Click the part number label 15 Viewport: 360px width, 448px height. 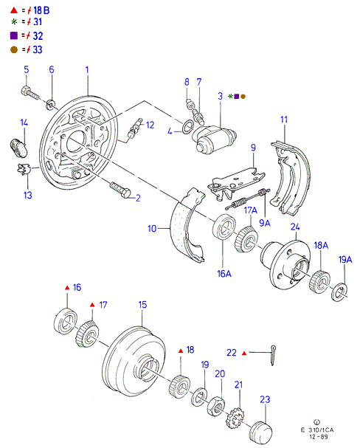coord(142,305)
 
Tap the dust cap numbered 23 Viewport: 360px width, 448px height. coord(260,433)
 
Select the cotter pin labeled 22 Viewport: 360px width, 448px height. coord(273,355)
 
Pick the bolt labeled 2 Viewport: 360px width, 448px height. coord(120,190)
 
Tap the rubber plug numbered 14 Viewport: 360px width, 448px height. coord(18,148)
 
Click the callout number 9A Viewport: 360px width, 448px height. coord(265,223)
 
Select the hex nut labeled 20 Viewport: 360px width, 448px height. coord(215,406)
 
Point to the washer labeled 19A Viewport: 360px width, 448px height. coord(339,292)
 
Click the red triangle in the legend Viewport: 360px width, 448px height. coord(14,10)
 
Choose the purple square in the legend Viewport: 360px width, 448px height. coord(14,35)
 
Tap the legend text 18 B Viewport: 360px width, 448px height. coord(41,10)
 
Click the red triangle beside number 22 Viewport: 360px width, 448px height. coord(244,354)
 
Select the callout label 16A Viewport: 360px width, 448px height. coord(224,274)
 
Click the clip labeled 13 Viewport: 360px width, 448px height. coord(24,169)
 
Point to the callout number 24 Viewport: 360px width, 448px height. coord(295,227)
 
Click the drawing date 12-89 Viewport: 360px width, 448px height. coord(318,437)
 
